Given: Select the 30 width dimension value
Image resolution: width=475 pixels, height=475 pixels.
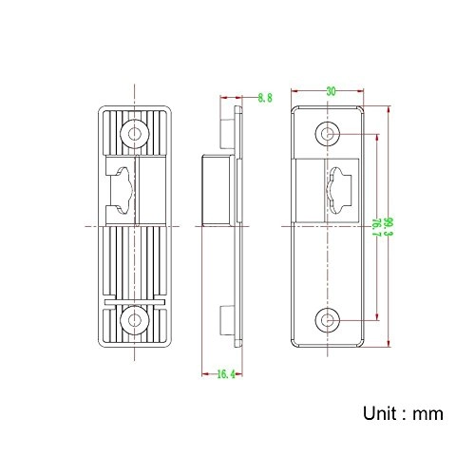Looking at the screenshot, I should coord(330,92).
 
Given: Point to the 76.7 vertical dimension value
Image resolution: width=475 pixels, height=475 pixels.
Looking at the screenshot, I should coord(375,226).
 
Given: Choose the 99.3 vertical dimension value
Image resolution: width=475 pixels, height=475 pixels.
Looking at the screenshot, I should coord(389,226).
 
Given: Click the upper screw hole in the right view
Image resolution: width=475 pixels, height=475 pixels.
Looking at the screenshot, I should coord(330,134).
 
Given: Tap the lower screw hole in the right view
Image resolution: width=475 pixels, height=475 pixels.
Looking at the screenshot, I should coord(330,319).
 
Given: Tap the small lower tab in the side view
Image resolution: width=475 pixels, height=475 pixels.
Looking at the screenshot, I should coord(226,320).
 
